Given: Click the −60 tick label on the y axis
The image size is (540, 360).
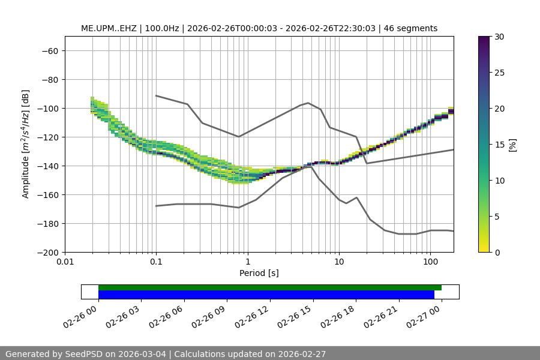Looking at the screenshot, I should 49,51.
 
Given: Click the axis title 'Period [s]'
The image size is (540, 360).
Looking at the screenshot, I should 259,273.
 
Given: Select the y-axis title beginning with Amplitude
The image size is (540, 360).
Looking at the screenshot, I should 26,145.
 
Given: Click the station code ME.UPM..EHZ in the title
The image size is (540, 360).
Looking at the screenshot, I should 110,28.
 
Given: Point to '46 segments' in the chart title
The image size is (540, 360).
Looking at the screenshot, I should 412,28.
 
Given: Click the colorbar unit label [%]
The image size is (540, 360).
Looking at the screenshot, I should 512,145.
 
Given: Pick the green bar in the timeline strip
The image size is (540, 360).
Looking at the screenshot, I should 270,287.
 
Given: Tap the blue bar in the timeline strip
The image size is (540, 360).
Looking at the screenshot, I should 266,295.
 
